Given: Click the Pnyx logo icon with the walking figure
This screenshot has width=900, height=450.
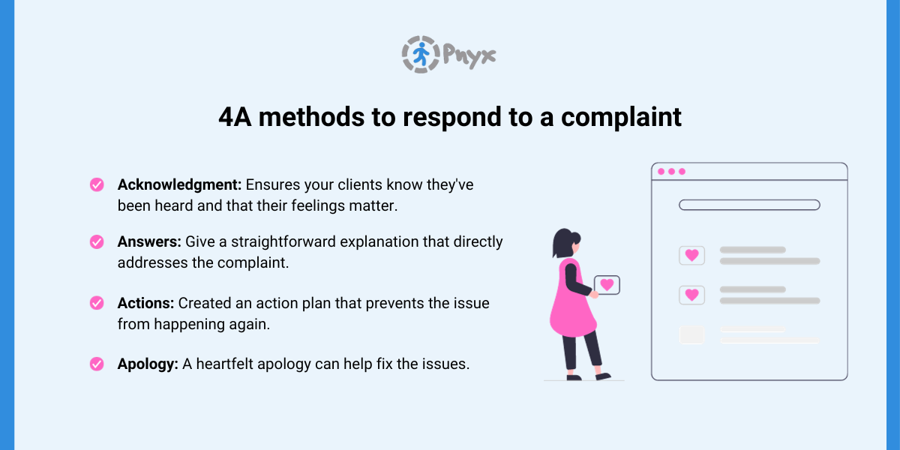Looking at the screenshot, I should pos(420,54).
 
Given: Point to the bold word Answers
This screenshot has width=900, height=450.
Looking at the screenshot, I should pos(145,242).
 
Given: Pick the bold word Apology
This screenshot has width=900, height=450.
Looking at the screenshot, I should pos(148,364).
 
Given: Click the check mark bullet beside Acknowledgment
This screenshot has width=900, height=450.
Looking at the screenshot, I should pos(97,184).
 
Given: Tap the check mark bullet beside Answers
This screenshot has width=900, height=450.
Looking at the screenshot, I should pos(97,242).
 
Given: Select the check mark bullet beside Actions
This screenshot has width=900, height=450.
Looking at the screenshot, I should pos(97,303).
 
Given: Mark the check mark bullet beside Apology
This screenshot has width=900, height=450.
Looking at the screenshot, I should pos(97,364).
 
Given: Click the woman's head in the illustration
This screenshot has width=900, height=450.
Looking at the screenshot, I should pos(565,243).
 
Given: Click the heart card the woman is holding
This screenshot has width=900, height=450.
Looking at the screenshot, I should pos(607,285).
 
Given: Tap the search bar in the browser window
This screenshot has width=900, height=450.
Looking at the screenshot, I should pos(748,205).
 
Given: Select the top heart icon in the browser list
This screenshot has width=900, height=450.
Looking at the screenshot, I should pos(691,255).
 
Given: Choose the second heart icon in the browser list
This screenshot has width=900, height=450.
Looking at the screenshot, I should pos(691,295).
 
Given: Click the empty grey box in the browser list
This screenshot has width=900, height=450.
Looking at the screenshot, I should pos(691,334).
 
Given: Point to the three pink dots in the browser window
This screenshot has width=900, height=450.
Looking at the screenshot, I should pos(671,172).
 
